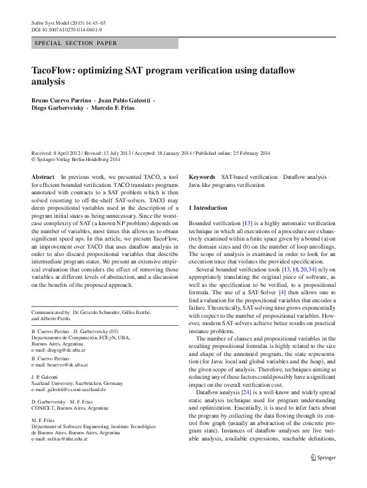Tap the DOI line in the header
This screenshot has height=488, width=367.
pos(67,29)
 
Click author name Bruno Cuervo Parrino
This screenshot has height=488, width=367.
pos(59,100)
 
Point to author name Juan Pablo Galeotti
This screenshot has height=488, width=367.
pos(125,100)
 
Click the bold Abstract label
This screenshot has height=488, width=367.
pos(43,176)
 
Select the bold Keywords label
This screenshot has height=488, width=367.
pos(202,176)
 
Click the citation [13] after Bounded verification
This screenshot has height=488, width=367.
pos(247,222)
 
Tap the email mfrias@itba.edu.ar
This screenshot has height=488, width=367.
pos(68,438)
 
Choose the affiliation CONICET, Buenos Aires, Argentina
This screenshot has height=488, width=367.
pos(70,408)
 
